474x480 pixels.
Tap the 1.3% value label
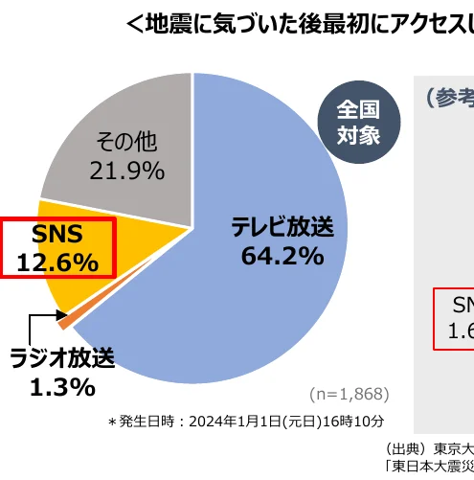[60, 388]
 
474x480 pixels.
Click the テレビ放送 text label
[282, 228]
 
